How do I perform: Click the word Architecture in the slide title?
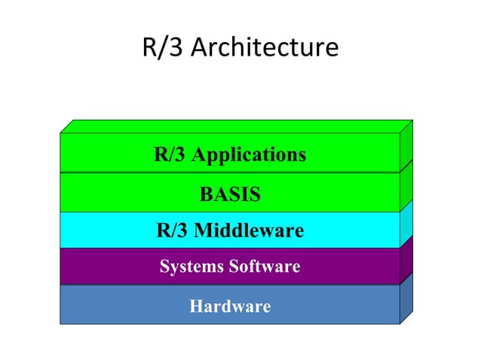(x=265, y=49)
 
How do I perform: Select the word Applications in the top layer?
(x=249, y=156)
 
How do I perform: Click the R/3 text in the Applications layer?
(x=170, y=155)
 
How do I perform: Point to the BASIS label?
(x=230, y=195)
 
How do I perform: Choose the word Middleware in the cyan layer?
(x=249, y=230)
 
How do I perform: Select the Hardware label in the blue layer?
(x=230, y=307)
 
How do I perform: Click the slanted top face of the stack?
(x=234, y=126)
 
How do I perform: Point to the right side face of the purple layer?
(x=406, y=260)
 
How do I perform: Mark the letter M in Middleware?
(x=203, y=230)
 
